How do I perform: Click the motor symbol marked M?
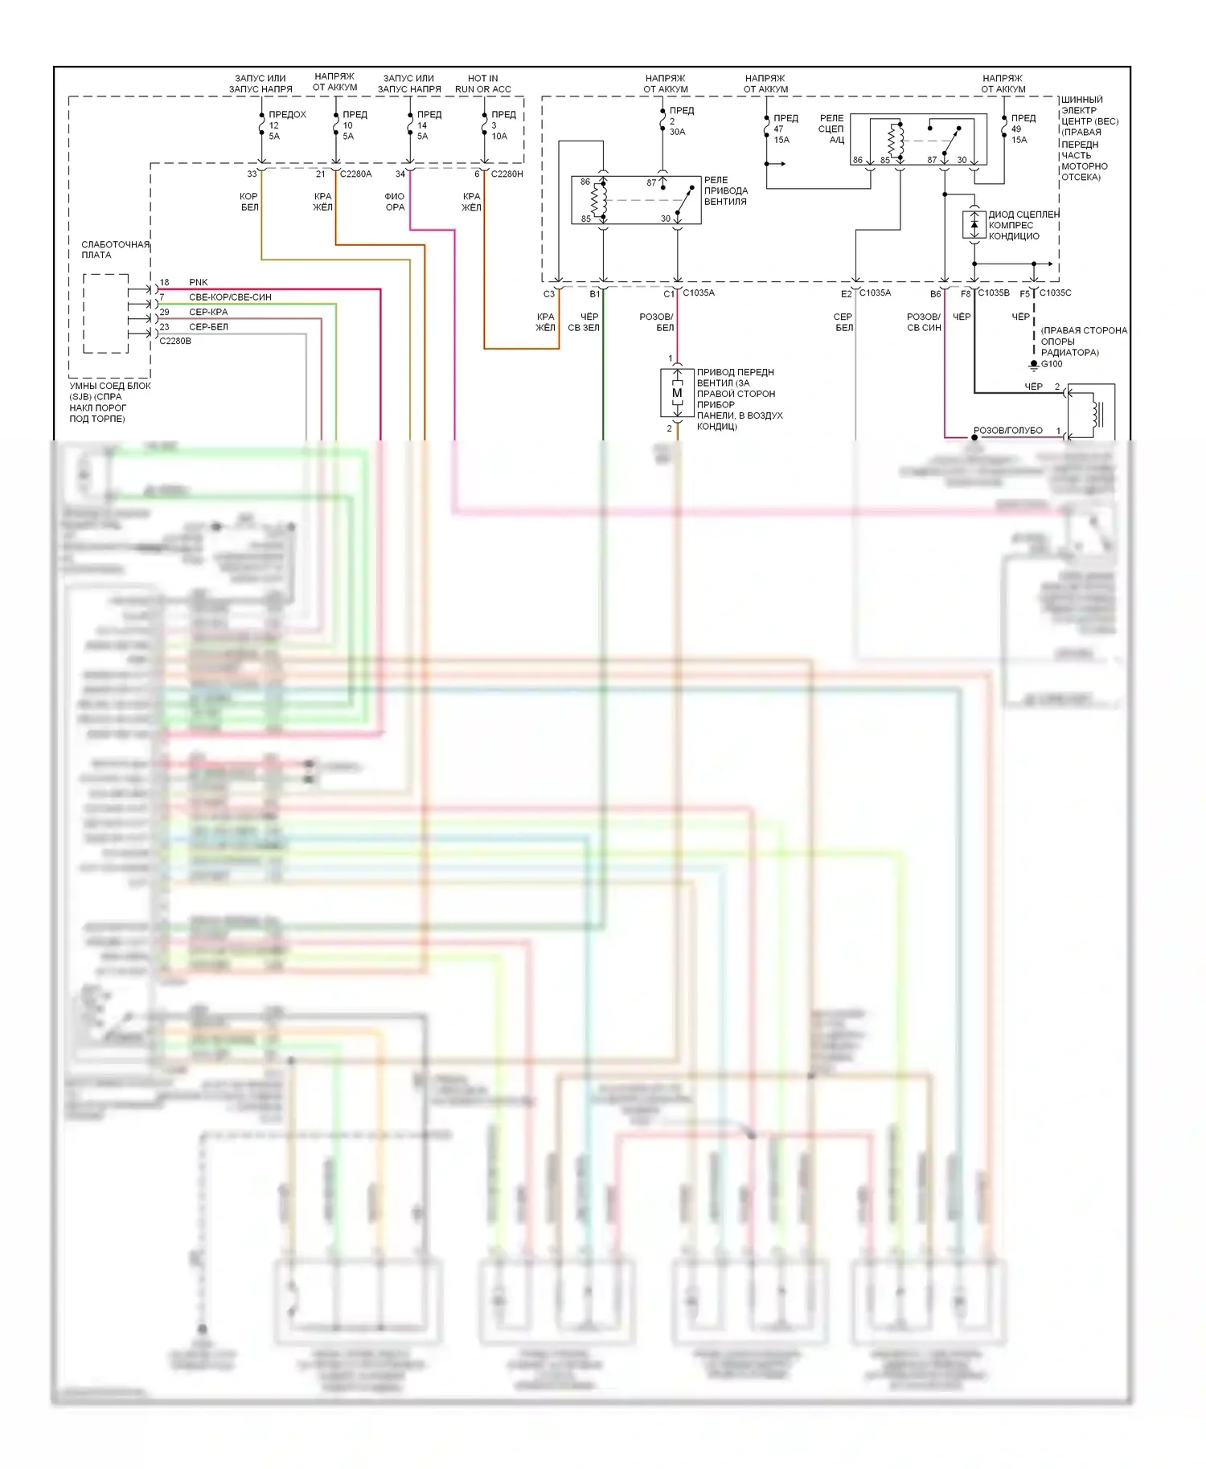click(x=677, y=393)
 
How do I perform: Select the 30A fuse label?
click(x=677, y=132)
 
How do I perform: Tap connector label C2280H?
click(x=507, y=174)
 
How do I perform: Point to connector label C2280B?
click(x=175, y=341)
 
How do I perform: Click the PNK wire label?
click(x=198, y=282)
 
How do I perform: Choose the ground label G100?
click(x=1052, y=364)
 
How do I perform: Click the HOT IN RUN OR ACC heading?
click(x=482, y=84)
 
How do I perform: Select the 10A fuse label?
click(x=499, y=137)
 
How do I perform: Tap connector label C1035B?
click(x=994, y=293)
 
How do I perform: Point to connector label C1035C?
click(x=1055, y=293)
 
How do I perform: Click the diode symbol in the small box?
click(x=974, y=224)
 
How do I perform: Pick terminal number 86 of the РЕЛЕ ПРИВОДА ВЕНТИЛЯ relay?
click(x=585, y=182)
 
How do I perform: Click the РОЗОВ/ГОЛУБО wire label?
click(x=1007, y=431)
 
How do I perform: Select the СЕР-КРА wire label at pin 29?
click(x=208, y=312)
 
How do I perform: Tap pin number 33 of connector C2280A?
click(x=252, y=174)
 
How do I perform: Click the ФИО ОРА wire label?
click(x=395, y=202)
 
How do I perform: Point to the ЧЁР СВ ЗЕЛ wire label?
click(x=585, y=321)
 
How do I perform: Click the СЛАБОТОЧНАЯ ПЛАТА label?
click(x=115, y=249)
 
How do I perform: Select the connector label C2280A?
click(x=356, y=174)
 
